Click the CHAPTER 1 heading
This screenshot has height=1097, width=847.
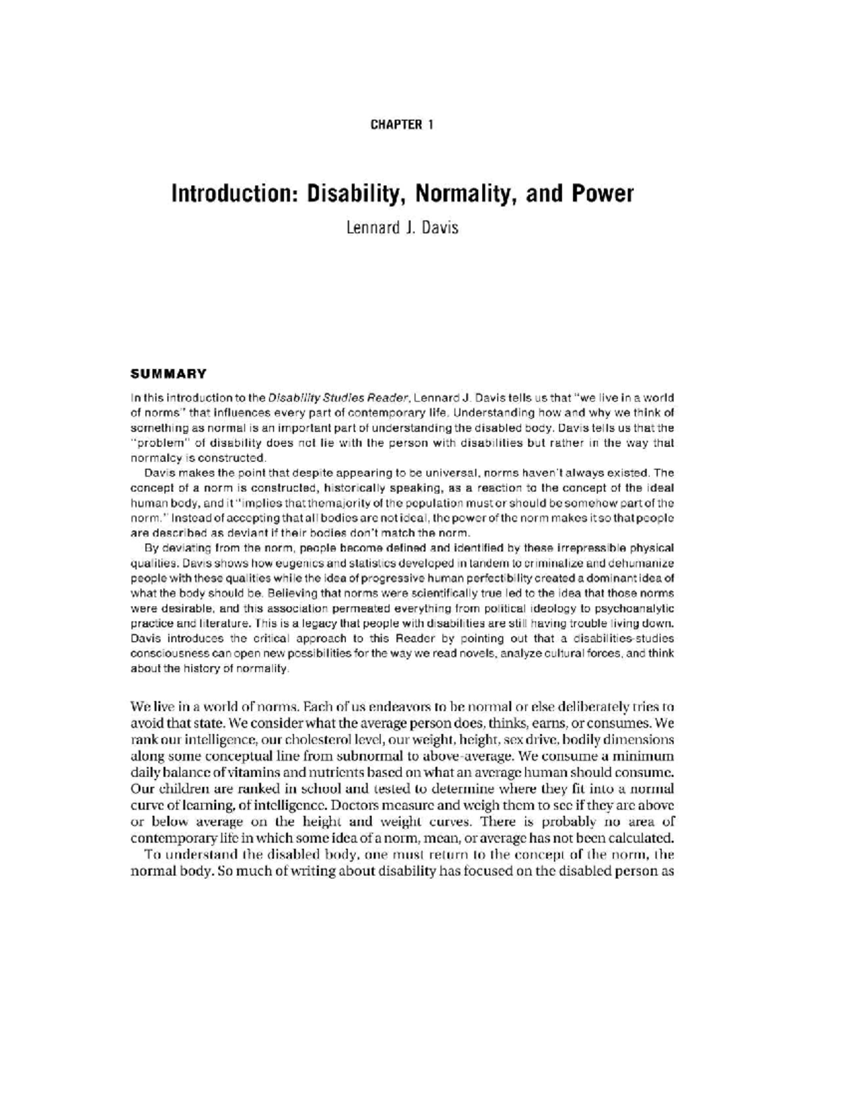point(402,125)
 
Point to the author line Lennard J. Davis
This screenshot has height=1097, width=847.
point(402,229)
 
